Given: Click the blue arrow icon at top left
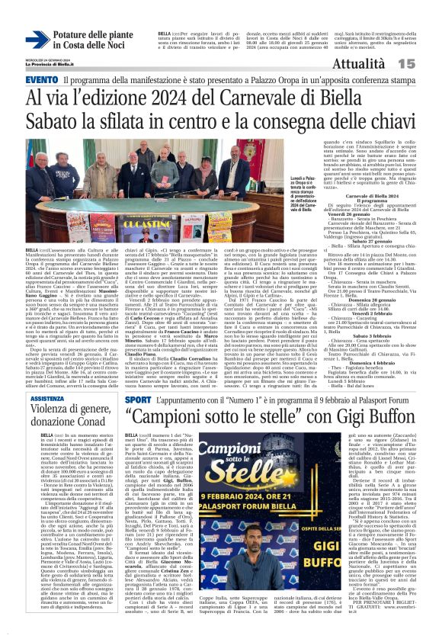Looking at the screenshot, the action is coord(37,40).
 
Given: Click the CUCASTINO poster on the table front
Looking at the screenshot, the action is coord(144,226).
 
